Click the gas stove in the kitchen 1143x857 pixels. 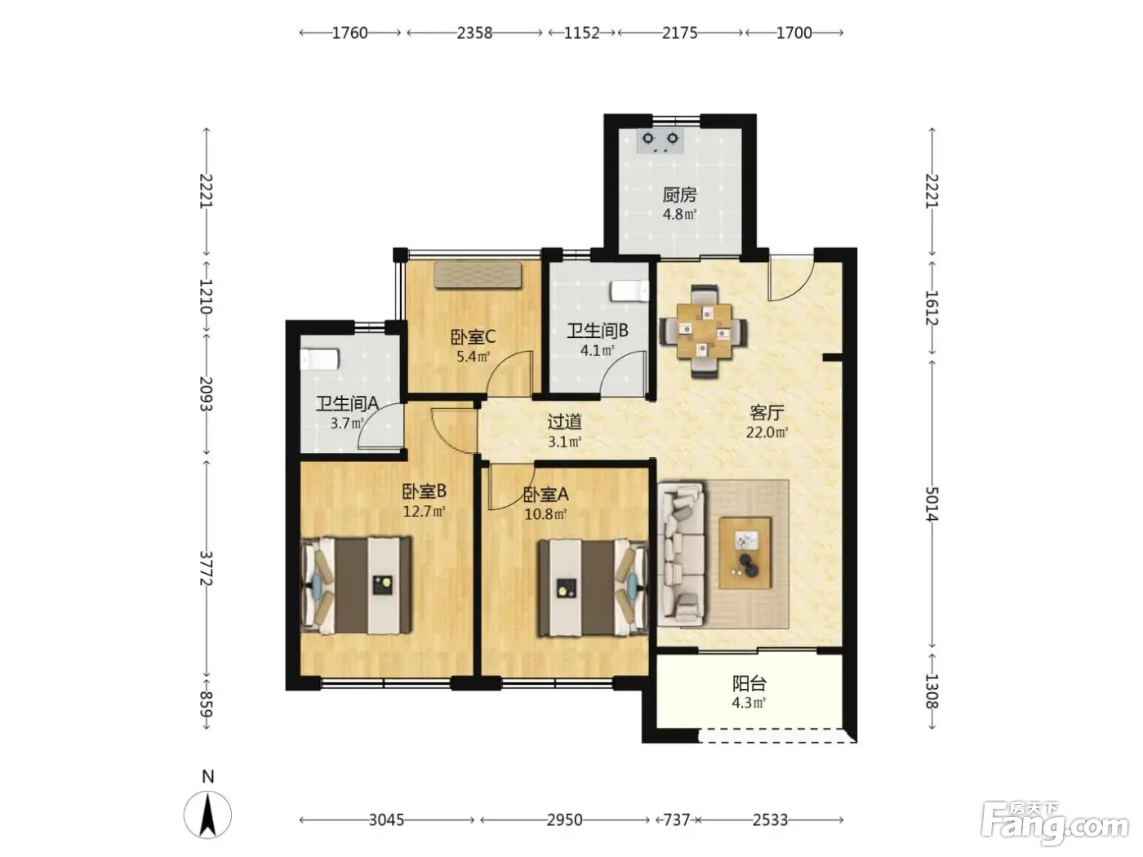click(660, 140)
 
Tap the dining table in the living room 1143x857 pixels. click(703, 331)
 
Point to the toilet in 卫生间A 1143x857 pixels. click(320, 359)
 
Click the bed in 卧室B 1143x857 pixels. click(356, 586)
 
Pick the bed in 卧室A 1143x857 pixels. click(593, 588)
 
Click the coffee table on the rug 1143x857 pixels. click(745, 553)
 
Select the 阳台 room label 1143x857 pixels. click(749, 683)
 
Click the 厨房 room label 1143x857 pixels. click(679, 195)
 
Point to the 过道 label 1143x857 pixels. click(564, 421)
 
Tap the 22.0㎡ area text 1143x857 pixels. click(767, 433)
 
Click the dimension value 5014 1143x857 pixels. click(932, 504)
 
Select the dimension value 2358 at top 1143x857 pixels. click(474, 33)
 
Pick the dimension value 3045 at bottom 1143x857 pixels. click(386, 820)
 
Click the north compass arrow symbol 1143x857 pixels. click(207, 815)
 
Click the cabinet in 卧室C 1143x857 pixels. click(478, 274)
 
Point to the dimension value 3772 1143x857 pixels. click(207, 568)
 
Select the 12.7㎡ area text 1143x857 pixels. click(424, 512)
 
